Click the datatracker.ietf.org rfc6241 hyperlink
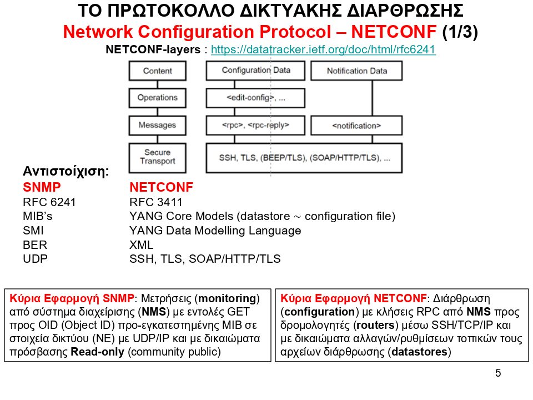click(323, 49)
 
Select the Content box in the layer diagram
click(158, 71)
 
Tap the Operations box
click(158, 98)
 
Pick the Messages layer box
click(158, 125)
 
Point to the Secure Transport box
click(158, 157)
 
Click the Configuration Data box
click(255, 71)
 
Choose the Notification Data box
click(356, 71)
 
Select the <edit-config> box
click(255, 98)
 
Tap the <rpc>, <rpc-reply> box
click(255, 125)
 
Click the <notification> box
click(356, 126)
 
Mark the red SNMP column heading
click(42, 187)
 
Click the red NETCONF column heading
click(161, 187)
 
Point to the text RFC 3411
click(155, 202)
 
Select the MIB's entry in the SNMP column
click(38, 217)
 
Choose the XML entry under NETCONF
click(141, 245)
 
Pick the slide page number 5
click(497, 373)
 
